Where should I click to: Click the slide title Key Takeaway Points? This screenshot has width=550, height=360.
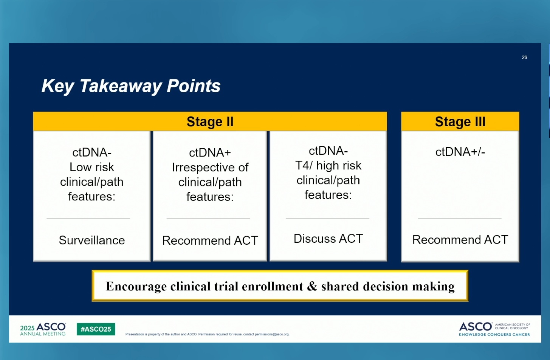131,86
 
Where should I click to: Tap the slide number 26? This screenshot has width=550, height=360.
524,57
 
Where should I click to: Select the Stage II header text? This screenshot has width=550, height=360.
210,121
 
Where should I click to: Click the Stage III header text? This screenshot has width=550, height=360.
460,121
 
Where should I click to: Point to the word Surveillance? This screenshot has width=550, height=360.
92,240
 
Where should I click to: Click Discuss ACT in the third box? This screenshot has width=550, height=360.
328,239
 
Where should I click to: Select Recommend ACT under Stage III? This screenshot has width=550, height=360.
460,240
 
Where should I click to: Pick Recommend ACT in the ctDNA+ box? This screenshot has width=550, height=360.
210,241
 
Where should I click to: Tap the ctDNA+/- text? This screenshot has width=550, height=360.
460,152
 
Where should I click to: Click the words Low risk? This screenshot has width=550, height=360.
92,167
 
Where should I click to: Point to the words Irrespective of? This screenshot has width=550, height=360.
210,168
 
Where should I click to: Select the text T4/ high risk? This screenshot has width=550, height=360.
328,166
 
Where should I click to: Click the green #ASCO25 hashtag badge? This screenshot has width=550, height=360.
96,329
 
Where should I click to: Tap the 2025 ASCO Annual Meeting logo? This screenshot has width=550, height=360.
43,329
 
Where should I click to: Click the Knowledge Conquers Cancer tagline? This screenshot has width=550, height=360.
494,334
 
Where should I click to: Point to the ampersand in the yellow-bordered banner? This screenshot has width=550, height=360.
312,286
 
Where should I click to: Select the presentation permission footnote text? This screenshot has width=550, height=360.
207,334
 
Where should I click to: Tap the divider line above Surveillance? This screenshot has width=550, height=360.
88,218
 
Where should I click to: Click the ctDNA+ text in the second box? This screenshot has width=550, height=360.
210,153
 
